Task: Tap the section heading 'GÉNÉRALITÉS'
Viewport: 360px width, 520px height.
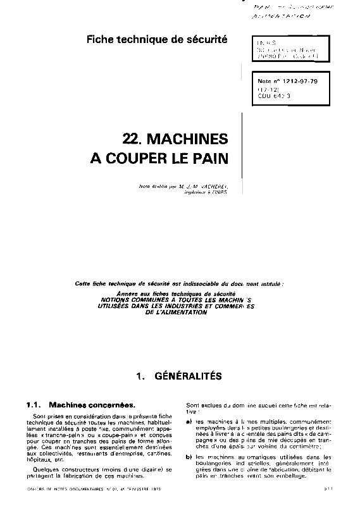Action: (188, 376)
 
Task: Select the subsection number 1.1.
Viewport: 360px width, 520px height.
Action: (33, 404)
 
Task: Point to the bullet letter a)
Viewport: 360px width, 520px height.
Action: (189, 421)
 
